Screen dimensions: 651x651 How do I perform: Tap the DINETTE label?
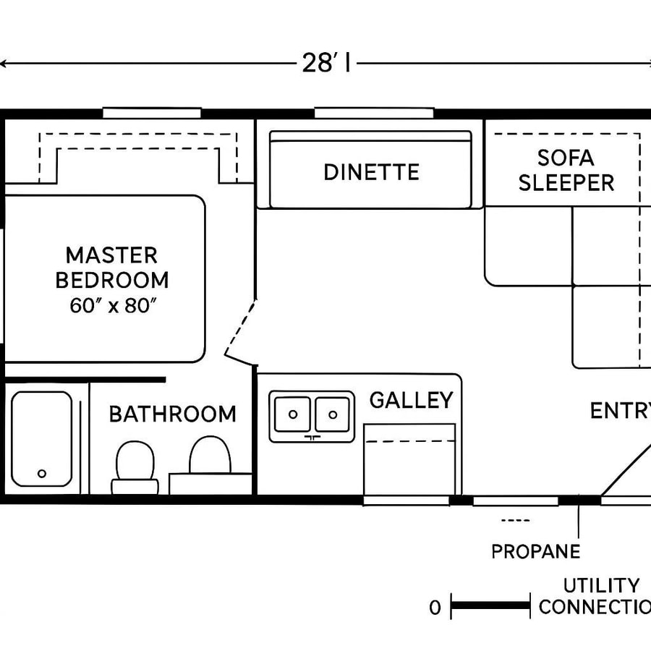coord(371,172)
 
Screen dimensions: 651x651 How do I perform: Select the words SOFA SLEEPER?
coord(566,170)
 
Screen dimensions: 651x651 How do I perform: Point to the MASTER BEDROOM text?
coord(112,267)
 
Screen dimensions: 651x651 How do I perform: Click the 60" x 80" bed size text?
coord(114,305)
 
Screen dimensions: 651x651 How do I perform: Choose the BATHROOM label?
coord(172,414)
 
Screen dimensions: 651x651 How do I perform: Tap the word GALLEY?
coord(411,400)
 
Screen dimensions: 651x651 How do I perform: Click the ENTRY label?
coord(619,411)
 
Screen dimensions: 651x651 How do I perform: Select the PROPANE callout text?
coord(535,551)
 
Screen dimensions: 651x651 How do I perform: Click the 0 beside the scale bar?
coord(434,608)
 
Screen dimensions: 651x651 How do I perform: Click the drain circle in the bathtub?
coord(42,473)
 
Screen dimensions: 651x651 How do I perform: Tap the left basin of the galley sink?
coord(293,414)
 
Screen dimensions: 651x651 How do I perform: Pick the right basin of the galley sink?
coord(332,414)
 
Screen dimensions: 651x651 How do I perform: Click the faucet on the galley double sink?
coord(312,437)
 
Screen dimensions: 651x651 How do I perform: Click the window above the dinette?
coord(373,113)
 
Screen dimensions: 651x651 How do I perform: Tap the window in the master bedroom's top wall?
coord(151,113)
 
